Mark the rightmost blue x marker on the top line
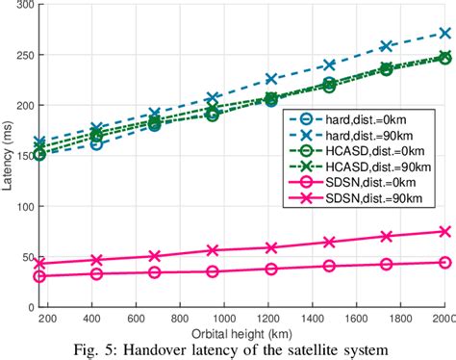pos(444,33)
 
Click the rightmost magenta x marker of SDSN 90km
pos(444,231)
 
